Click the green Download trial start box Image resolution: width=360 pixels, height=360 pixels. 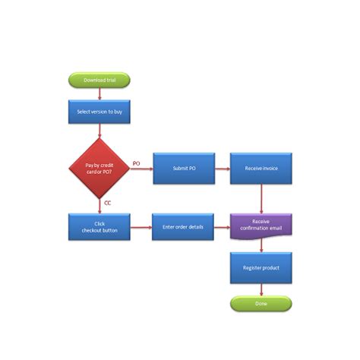99,80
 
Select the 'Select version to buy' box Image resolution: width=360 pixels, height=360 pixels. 99,111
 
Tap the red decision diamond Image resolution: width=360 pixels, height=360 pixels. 99,168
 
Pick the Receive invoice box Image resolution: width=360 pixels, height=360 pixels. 261,168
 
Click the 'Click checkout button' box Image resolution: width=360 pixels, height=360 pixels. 99,226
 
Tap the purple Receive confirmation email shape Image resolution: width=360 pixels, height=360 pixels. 261,226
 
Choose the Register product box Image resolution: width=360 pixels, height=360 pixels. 261,268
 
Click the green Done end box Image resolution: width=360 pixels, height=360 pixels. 261,304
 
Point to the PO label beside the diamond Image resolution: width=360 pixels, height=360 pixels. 136,163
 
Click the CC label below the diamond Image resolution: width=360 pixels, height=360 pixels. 108,204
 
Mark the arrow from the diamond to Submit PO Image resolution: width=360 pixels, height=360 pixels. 141,169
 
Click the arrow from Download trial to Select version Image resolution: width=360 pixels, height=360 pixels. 99,93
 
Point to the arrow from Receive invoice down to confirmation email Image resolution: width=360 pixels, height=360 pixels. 261,199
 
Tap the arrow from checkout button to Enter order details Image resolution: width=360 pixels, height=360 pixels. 141,226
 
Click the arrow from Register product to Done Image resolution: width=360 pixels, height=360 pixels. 261,290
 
